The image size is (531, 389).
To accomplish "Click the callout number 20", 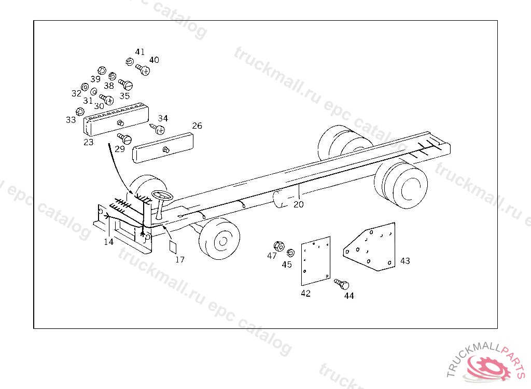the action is [298, 204].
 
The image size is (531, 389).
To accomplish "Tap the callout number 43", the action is [405, 261].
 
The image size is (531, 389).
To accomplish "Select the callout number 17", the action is [180, 259].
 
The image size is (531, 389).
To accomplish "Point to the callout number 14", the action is [109, 242].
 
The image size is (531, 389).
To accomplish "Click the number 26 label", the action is [197, 126].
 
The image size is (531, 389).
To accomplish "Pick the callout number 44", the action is [349, 296].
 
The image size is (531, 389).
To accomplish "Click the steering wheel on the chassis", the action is [162, 196].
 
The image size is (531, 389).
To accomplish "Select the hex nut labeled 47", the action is [278, 246].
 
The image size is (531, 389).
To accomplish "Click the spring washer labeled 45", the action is [290, 253].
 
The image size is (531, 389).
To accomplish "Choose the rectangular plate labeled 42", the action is [316, 261].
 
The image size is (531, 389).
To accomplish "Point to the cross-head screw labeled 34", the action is [158, 129].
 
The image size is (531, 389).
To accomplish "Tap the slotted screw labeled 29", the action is [124, 138].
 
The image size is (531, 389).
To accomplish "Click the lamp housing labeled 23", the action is [116, 119].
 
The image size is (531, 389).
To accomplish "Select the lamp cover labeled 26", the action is [163, 148].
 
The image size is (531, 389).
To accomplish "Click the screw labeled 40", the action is [143, 70].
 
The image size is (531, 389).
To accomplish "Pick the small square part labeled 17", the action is [173, 247].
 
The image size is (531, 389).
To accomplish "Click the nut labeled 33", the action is [80, 112].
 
